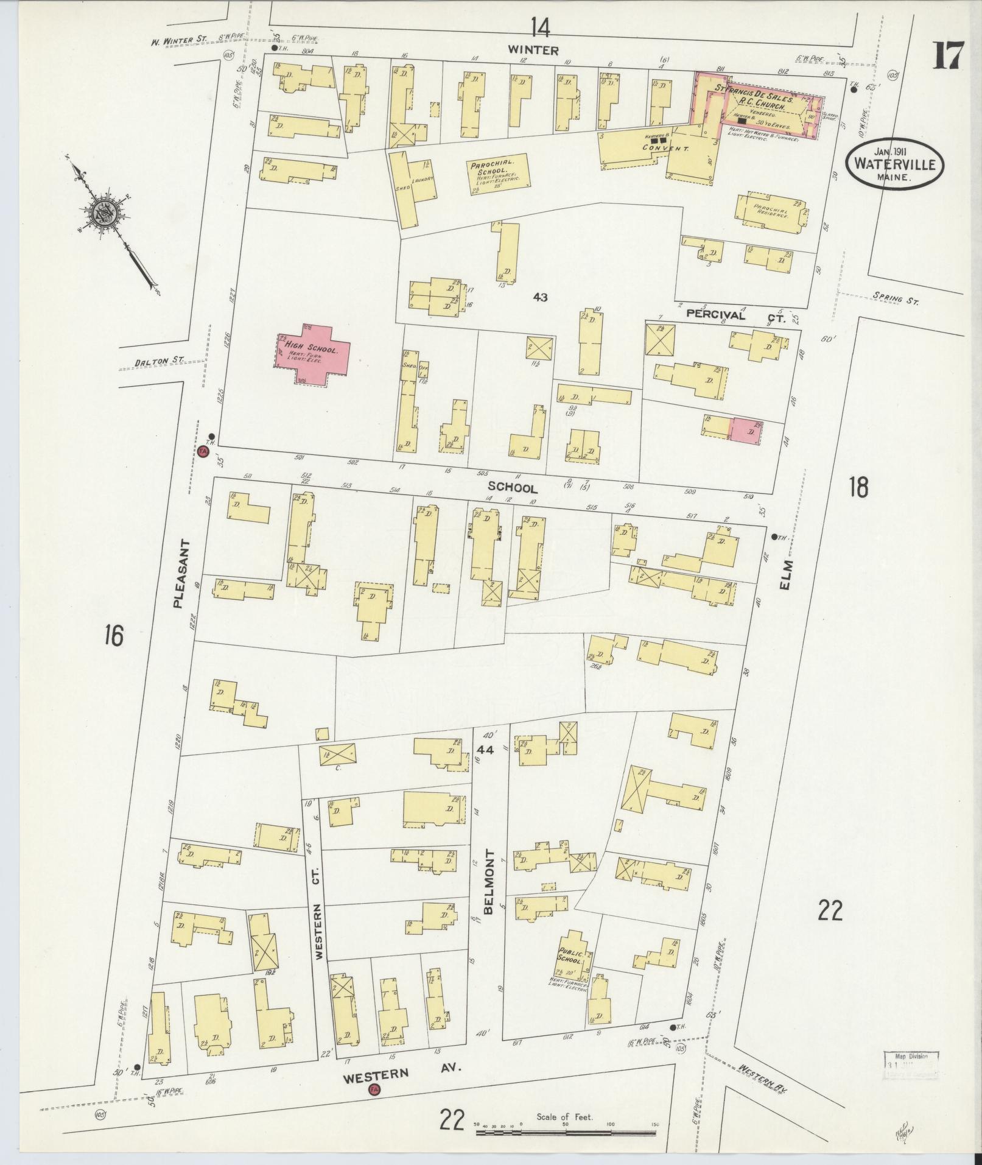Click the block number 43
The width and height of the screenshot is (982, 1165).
(x=539, y=297)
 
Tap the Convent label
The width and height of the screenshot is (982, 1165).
(x=666, y=148)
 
